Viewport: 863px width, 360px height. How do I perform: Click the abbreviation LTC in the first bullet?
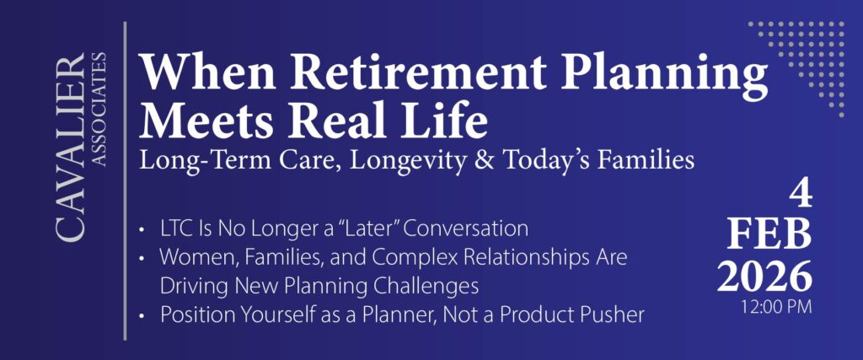click(x=175, y=228)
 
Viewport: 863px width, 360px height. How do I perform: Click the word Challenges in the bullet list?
click(x=427, y=285)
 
